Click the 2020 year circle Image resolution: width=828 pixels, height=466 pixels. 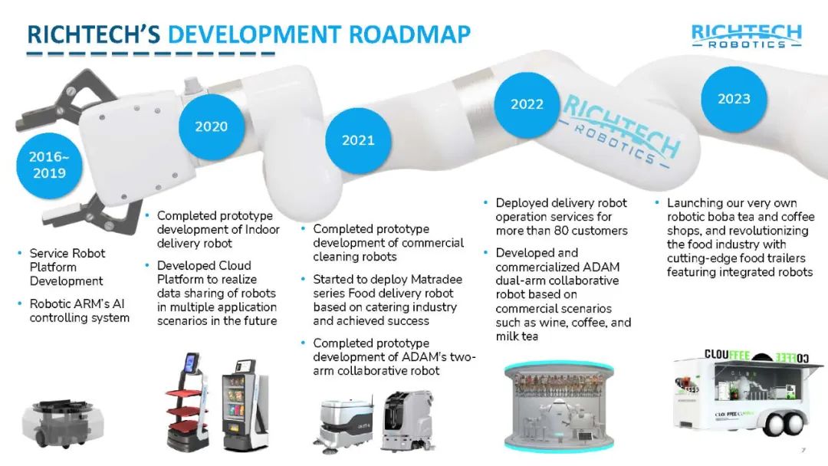[x=212, y=126]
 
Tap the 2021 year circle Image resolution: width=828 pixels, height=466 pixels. [x=358, y=140]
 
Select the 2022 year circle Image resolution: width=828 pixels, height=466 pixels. [x=527, y=104]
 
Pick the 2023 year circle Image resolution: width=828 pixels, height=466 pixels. [x=734, y=99]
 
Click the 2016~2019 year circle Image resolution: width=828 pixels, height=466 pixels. [x=49, y=165]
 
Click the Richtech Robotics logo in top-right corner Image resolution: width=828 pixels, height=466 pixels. [x=747, y=36]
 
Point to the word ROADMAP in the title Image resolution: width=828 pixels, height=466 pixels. [x=409, y=34]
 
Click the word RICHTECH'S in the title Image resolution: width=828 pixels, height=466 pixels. [x=94, y=34]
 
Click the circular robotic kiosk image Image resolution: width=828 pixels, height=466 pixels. [x=559, y=406]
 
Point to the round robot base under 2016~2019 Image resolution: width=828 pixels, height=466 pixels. [x=63, y=423]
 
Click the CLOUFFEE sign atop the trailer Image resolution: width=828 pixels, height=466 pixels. [x=727, y=355]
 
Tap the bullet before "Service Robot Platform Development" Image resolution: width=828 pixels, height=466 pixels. [x=20, y=254]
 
